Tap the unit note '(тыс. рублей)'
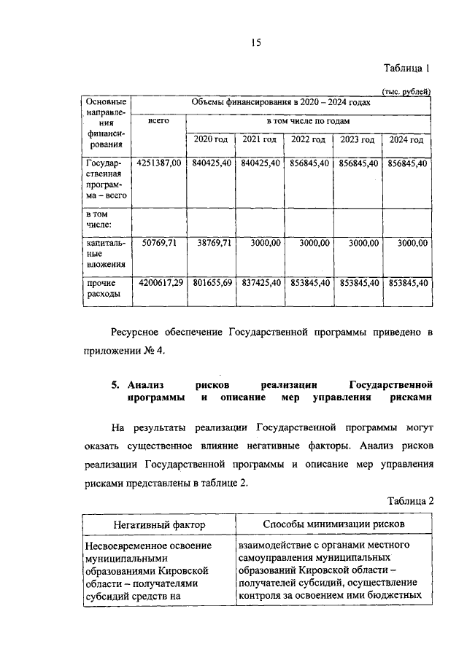(x=406, y=91)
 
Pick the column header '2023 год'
(x=358, y=140)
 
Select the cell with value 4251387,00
(x=158, y=163)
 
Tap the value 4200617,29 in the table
(x=158, y=282)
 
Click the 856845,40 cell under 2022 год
(x=308, y=163)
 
